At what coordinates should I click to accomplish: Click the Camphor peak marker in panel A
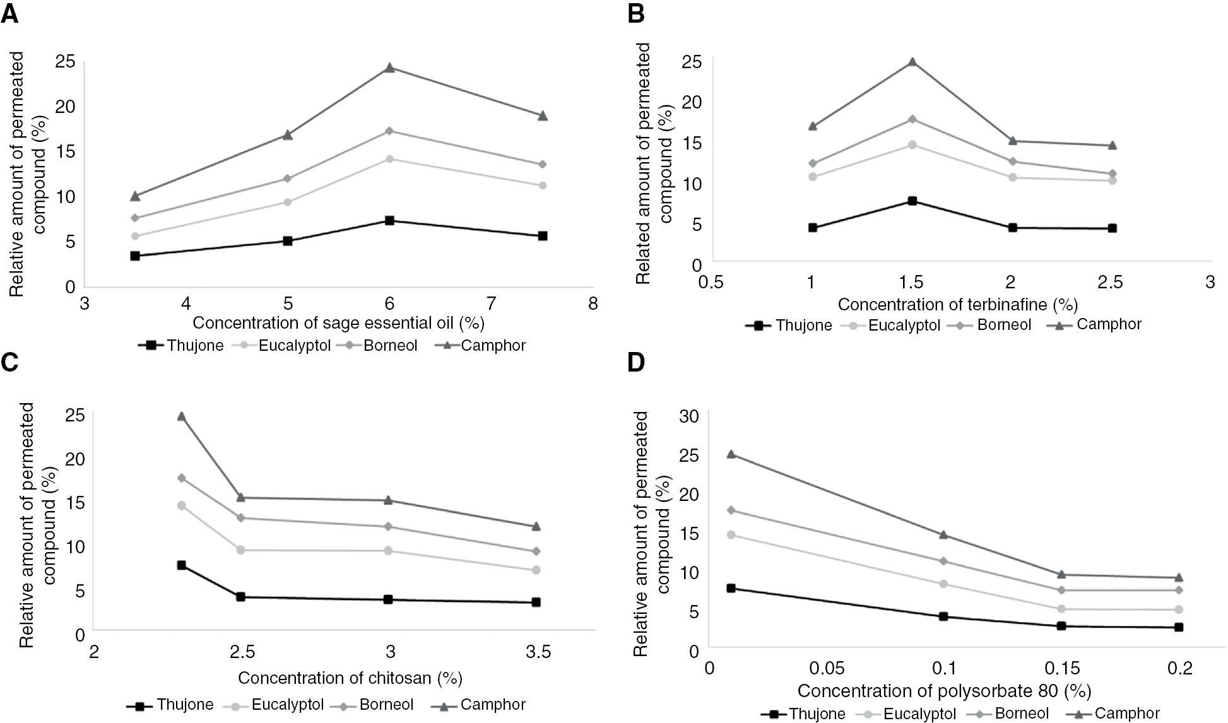pyautogui.click(x=389, y=68)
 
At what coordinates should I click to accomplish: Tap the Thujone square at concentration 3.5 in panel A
pyautogui.click(x=135, y=256)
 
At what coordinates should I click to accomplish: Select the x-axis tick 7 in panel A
pyautogui.click(x=491, y=304)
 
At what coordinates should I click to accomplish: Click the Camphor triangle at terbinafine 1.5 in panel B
pyautogui.click(x=912, y=62)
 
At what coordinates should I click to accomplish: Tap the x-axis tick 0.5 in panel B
pyautogui.click(x=711, y=283)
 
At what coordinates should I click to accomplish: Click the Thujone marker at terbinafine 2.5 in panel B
pyautogui.click(x=1112, y=228)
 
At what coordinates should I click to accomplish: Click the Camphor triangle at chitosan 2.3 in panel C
pyautogui.click(x=181, y=416)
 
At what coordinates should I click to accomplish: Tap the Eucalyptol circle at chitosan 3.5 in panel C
pyautogui.click(x=536, y=570)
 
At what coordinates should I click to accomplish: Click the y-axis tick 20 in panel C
pyautogui.click(x=75, y=459)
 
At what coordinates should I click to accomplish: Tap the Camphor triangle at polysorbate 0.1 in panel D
pyautogui.click(x=943, y=534)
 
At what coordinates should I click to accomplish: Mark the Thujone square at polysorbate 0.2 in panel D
pyautogui.click(x=1178, y=627)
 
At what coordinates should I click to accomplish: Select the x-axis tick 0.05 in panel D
pyautogui.click(x=827, y=668)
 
